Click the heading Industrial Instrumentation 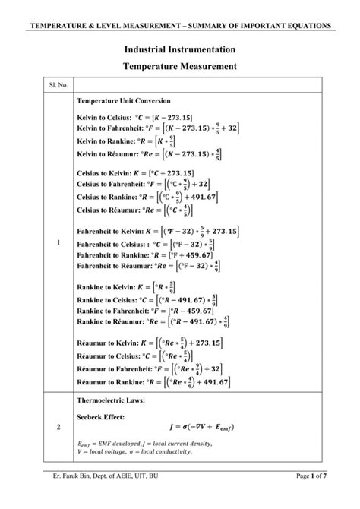click(x=180, y=49)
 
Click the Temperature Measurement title click(x=180, y=67)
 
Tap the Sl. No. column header click(x=58, y=87)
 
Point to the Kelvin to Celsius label click(x=103, y=118)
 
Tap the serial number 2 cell click(x=58, y=427)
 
